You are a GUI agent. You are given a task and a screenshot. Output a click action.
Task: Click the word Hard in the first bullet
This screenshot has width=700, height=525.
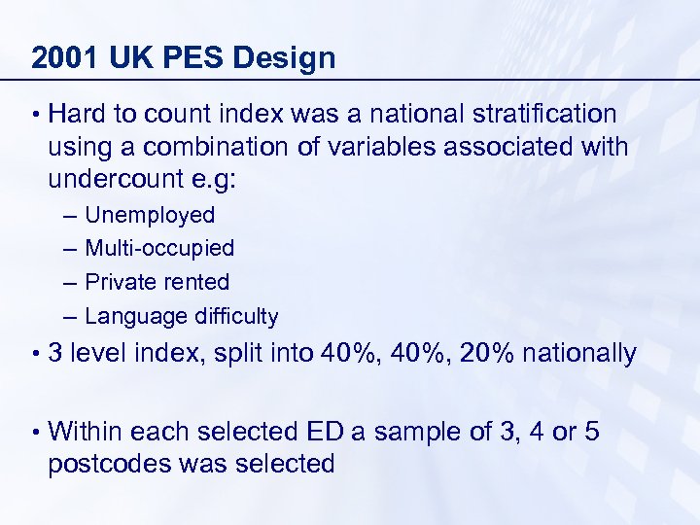77,114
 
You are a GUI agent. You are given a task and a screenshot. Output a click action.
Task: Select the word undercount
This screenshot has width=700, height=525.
122,182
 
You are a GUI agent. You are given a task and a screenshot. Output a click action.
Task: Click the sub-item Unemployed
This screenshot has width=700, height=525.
150,215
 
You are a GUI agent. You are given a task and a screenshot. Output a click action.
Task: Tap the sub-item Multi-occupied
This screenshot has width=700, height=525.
159,248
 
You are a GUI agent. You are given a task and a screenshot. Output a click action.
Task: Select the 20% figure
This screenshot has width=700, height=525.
488,353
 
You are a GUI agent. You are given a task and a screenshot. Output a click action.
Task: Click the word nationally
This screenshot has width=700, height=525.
579,353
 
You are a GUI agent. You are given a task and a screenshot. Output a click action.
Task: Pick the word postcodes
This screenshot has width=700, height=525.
109,464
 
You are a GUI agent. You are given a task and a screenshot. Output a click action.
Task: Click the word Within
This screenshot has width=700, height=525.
85,431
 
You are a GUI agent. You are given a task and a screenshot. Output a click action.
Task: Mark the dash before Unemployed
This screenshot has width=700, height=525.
64,215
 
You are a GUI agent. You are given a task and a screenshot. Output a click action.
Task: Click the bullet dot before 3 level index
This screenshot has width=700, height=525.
35,354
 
